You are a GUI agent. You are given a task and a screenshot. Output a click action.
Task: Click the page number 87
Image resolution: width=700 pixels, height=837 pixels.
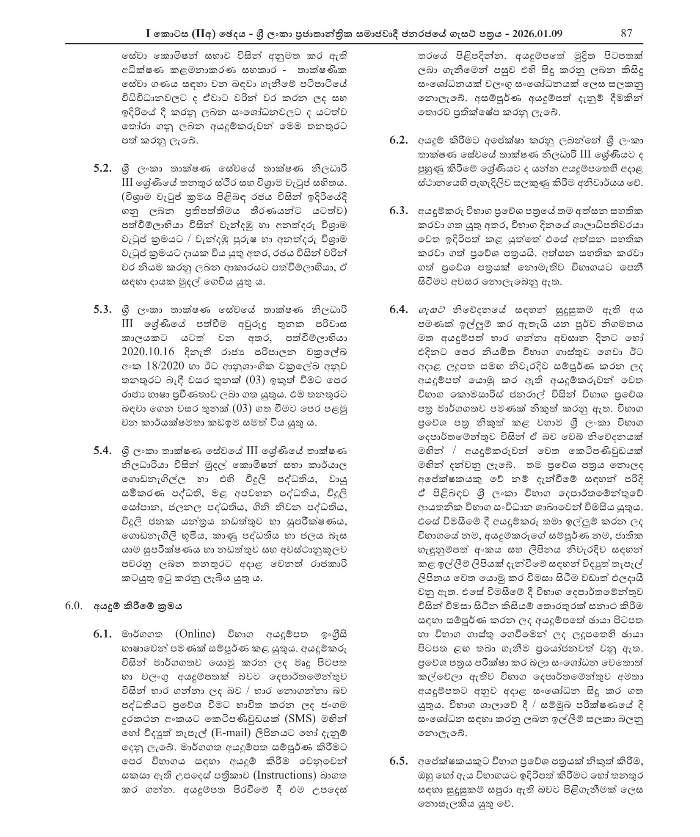[x=626, y=33]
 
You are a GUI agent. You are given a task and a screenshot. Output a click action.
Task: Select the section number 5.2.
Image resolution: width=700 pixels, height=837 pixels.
[x=102, y=169]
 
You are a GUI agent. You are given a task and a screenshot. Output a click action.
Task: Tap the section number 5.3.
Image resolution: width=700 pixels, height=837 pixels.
[x=102, y=309]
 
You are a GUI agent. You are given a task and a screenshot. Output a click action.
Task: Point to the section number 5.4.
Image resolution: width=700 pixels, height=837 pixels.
[x=102, y=450]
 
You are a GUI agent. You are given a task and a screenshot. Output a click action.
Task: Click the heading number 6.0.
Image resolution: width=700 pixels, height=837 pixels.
[x=73, y=606]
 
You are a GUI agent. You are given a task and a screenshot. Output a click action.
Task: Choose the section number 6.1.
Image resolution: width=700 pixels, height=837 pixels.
[x=102, y=634]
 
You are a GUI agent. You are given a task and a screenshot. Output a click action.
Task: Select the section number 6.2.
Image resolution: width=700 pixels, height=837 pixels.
[x=399, y=140]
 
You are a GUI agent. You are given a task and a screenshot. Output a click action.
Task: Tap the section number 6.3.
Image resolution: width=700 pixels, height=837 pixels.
[x=399, y=211]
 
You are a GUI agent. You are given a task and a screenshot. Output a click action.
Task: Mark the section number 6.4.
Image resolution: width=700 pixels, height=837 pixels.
[x=399, y=309]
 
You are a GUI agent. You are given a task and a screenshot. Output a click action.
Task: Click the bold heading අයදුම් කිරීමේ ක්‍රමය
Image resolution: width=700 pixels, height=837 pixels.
[x=138, y=606]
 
